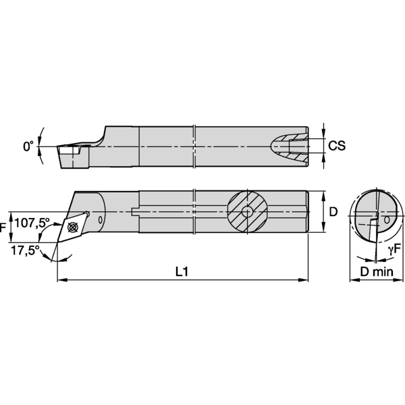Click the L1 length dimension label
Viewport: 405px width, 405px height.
coord(181,272)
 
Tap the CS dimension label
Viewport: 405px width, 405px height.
coord(337,146)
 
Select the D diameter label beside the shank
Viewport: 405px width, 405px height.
coord(333,212)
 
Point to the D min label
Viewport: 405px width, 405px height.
coord(375,272)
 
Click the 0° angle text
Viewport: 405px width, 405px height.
coord(28,146)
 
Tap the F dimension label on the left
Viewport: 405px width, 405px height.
coord(3,228)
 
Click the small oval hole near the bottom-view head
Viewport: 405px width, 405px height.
coord(101,219)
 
